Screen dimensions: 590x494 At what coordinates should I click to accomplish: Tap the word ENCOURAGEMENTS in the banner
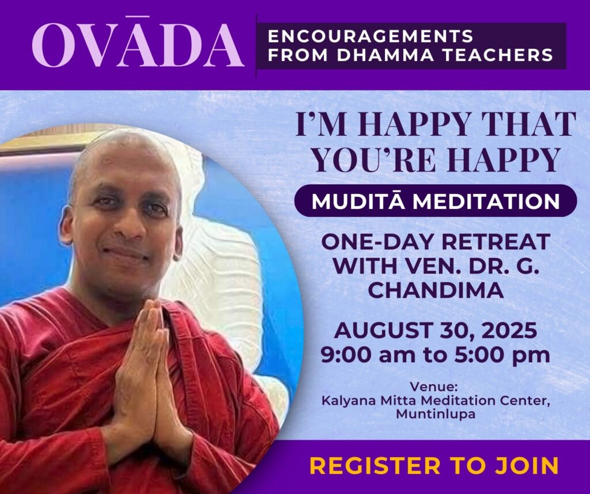pyautogui.click(x=370, y=36)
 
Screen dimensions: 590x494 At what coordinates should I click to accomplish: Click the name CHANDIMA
pyautogui.click(x=436, y=290)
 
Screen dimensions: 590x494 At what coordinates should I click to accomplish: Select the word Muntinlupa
pyautogui.click(x=436, y=414)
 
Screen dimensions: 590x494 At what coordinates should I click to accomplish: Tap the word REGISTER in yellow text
pyautogui.click(x=375, y=465)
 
